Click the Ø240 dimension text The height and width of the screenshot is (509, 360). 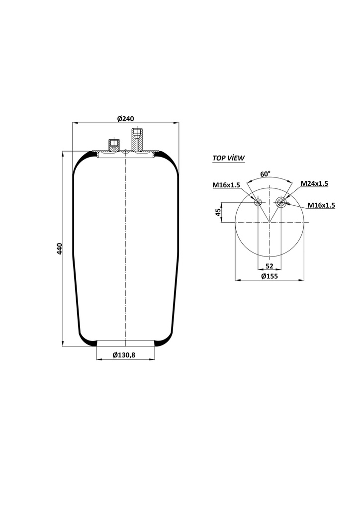pos(126,118)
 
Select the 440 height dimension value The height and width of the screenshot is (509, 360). pos(60,249)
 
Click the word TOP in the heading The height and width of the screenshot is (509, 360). pos(219,158)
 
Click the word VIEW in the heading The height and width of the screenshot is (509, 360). pos(237,158)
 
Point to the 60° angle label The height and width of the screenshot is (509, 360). pos(266,174)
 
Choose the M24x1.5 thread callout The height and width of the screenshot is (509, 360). pos(314,183)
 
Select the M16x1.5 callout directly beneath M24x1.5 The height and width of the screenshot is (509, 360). pos(321,205)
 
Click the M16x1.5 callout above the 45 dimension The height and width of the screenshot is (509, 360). pos(226,185)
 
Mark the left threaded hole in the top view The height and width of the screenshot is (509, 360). pos(258,202)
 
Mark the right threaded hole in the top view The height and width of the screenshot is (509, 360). pos(281,201)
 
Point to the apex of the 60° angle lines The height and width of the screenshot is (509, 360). pos(270,222)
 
